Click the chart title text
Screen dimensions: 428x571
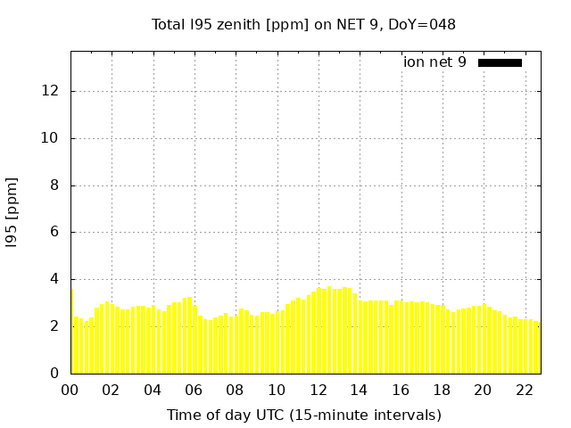303,25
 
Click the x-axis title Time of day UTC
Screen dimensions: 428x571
303,415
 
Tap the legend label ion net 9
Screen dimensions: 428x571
434,62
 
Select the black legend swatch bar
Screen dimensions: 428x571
500,62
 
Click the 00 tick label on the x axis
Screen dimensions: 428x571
70,390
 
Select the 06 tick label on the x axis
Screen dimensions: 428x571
194,390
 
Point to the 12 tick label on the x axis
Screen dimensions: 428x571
318,390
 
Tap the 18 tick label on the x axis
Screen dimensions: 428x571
442,390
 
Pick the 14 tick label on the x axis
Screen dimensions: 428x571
359,390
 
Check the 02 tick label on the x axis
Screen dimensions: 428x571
112,390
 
